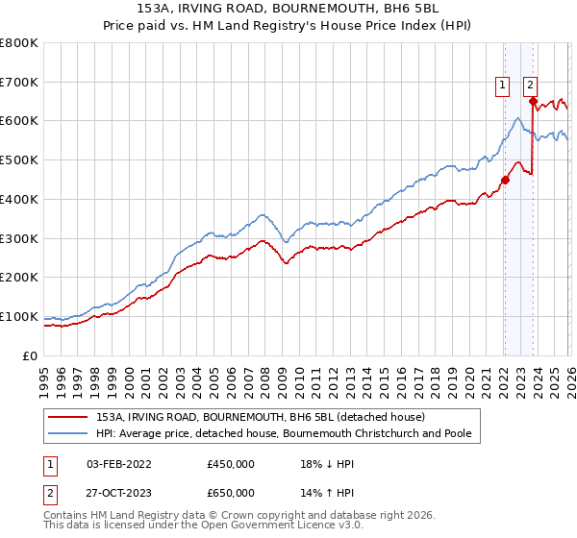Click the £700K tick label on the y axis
pyautogui.click(x=19, y=82)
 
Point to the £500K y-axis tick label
pyautogui.click(x=19, y=160)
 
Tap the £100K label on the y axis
pyautogui.click(x=19, y=316)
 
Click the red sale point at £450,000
pyautogui.click(x=504, y=179)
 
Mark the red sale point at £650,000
pyautogui.click(x=533, y=101)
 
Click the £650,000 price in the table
pyautogui.click(x=230, y=492)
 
